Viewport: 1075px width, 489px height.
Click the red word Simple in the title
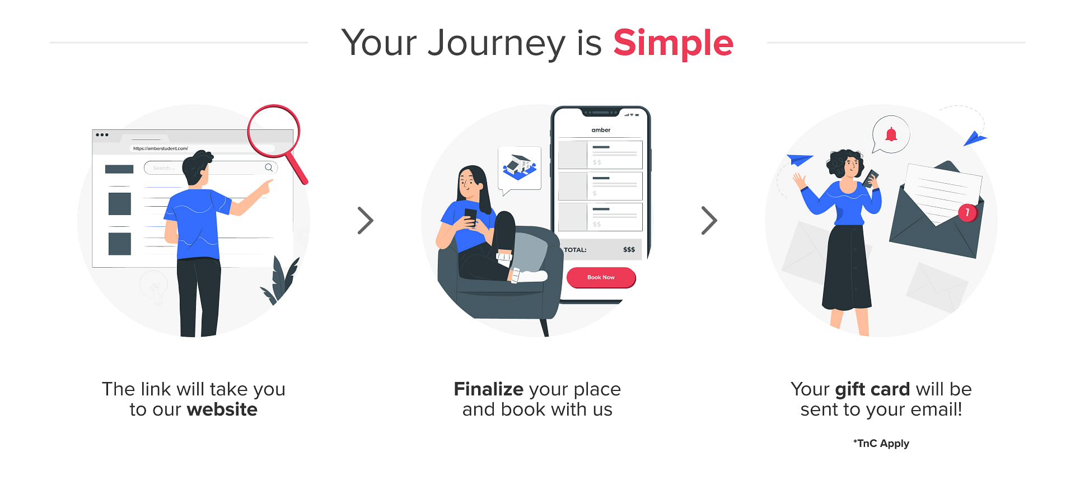[673, 43]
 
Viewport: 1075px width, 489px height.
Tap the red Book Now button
[601, 277]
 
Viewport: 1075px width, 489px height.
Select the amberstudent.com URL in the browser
[160, 148]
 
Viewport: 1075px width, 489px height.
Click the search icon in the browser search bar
[269, 167]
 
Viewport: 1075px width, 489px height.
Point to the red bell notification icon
[891, 134]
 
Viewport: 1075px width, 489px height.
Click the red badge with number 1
[967, 212]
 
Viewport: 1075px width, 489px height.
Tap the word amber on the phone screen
[601, 130]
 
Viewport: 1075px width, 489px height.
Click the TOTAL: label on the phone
[575, 250]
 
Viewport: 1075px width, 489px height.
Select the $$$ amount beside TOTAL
[629, 250]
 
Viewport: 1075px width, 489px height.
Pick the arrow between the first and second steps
[366, 220]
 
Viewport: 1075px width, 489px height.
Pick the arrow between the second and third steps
[709, 220]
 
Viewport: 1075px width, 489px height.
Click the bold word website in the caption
[222, 409]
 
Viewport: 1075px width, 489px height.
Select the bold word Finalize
[488, 389]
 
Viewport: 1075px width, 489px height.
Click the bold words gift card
[872, 389]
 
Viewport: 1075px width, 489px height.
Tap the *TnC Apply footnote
[881, 443]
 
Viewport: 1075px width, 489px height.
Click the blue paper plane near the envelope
[974, 138]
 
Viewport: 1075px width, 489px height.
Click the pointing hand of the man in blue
[264, 187]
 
